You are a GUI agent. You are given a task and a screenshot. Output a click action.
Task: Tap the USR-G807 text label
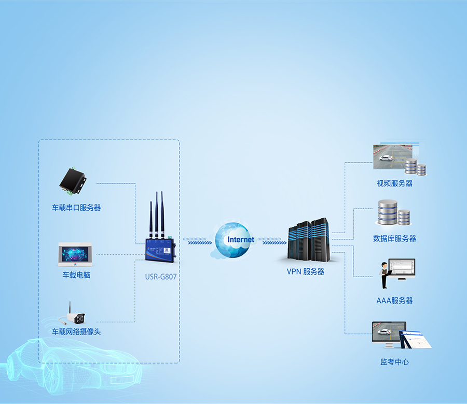tap(161, 277)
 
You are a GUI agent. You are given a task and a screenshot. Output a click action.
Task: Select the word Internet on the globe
tap(241, 240)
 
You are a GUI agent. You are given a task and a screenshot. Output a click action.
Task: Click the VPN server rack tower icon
tap(309, 241)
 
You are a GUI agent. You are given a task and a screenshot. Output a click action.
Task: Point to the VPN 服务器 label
tap(306, 271)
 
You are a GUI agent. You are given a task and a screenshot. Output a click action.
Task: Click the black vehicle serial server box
tap(73, 181)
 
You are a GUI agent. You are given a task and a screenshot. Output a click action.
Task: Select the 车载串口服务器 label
tap(76, 208)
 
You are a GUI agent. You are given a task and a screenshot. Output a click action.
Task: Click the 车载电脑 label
tap(76, 275)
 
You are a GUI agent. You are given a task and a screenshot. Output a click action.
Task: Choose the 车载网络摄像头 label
tap(76, 331)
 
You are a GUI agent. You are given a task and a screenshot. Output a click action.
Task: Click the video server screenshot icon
tap(397, 157)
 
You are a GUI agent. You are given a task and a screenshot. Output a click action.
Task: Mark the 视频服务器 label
tap(394, 183)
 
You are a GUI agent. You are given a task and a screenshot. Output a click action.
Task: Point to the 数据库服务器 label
tap(394, 239)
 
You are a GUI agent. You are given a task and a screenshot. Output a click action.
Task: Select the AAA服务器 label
tap(394, 300)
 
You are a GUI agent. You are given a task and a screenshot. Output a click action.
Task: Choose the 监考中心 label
tap(394, 362)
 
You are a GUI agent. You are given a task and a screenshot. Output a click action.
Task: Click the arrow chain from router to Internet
tap(197, 241)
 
